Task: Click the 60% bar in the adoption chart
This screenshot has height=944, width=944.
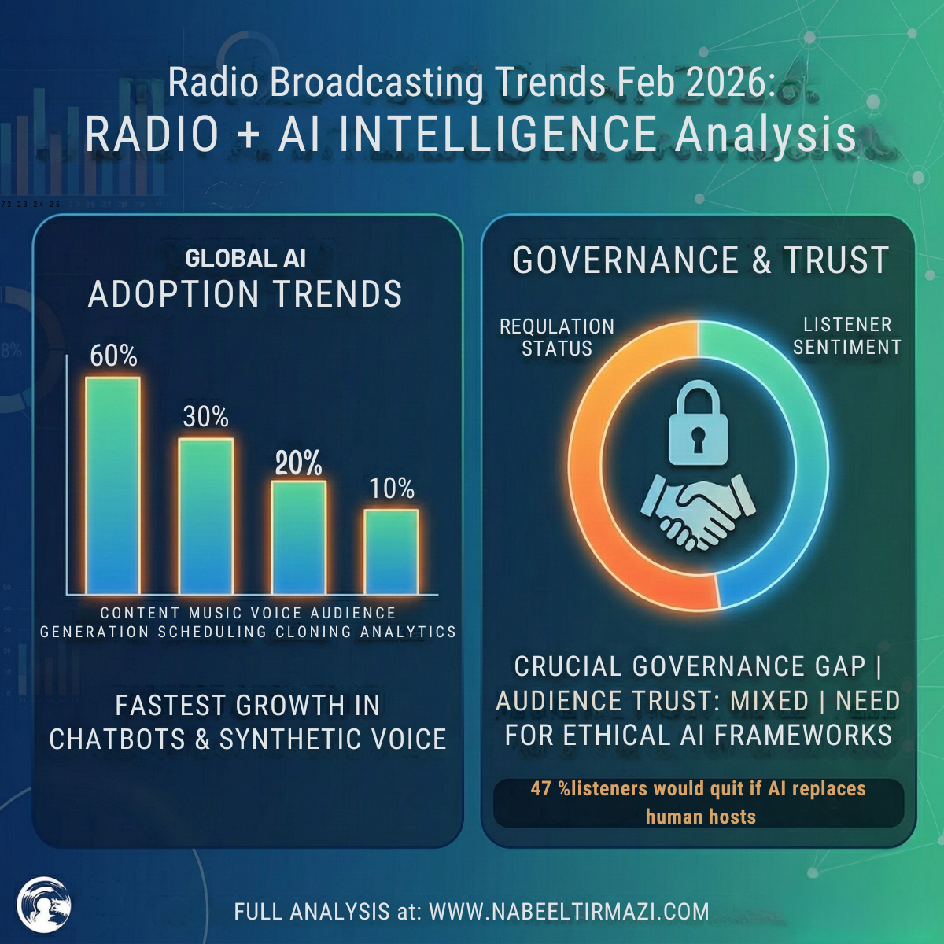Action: (112, 485)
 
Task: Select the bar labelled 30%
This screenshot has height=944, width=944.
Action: (206, 516)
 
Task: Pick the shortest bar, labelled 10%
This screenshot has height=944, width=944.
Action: (391, 551)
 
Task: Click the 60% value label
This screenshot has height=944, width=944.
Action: (113, 356)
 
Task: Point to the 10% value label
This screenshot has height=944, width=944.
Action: (392, 489)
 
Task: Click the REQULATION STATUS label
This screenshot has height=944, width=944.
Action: (557, 337)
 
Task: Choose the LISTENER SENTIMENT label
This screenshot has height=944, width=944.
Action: (846, 336)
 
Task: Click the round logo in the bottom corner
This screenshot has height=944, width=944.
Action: (44, 905)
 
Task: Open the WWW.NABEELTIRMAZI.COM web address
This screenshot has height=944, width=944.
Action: (569, 911)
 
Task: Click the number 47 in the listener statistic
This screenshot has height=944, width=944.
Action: (541, 788)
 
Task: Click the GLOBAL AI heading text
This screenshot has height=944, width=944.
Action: (245, 258)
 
